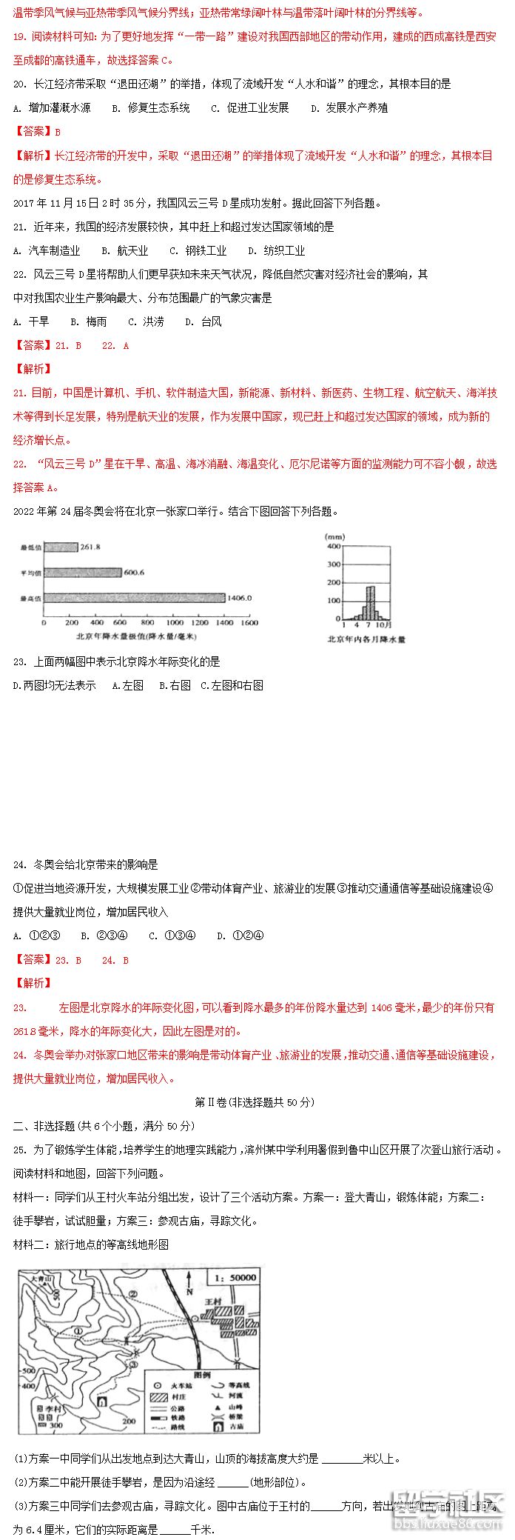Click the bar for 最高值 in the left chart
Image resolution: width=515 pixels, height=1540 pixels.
click(133, 598)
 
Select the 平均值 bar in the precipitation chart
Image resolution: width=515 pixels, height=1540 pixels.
click(82, 573)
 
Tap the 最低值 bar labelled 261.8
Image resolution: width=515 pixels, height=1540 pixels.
click(61, 547)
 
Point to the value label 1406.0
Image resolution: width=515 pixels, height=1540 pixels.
click(240, 598)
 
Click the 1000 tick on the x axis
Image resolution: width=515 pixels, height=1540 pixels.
click(175, 623)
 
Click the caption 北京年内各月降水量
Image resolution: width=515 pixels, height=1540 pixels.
click(366, 639)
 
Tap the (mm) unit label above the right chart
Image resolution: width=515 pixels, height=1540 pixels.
click(334, 536)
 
